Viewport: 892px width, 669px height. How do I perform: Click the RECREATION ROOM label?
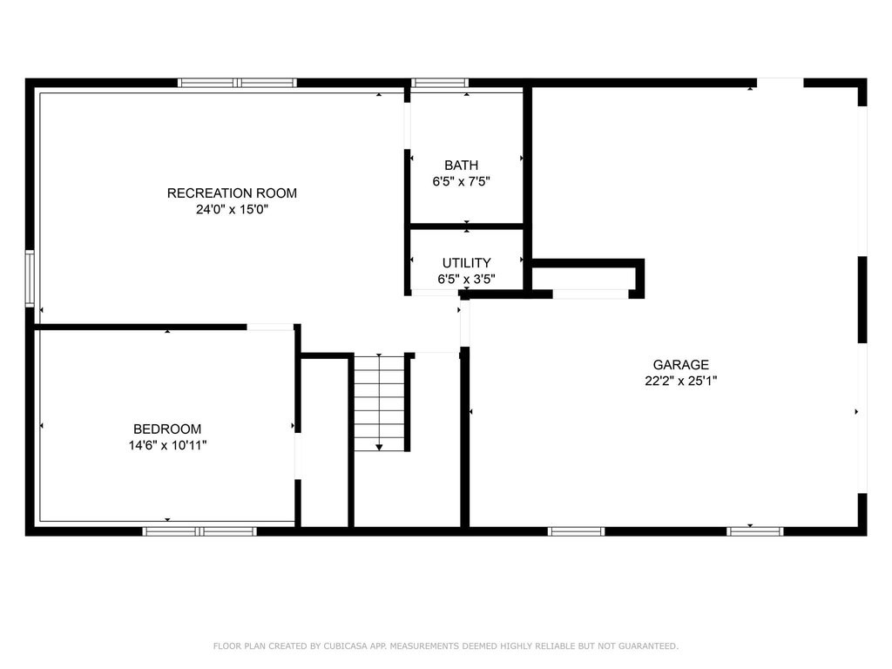(232, 193)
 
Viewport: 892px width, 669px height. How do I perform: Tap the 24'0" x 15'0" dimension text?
(232, 209)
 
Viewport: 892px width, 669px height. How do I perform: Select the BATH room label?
(461, 165)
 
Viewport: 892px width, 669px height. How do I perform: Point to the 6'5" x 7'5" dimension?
(461, 181)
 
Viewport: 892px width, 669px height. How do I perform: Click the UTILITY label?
(467, 263)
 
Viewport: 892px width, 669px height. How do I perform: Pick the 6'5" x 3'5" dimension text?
(467, 280)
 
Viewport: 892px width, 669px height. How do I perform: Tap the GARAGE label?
(680, 365)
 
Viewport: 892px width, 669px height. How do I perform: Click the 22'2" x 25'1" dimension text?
(680, 382)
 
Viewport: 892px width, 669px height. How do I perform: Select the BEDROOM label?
(167, 429)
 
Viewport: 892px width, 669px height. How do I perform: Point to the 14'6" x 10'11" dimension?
(167, 445)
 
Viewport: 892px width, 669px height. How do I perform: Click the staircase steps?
(379, 402)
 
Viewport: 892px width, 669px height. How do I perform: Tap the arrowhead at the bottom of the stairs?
(379, 448)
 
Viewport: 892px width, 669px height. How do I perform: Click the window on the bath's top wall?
(440, 83)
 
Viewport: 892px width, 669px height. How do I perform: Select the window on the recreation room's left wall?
(30, 279)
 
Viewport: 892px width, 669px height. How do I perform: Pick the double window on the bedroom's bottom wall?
(199, 531)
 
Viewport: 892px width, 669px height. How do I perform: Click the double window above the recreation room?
(237, 83)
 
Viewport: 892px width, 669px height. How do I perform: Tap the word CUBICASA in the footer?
(346, 646)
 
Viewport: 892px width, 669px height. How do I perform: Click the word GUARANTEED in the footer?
(648, 646)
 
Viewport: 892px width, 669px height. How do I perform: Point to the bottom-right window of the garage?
(755, 531)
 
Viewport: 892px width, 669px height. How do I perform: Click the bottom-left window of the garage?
(577, 531)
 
